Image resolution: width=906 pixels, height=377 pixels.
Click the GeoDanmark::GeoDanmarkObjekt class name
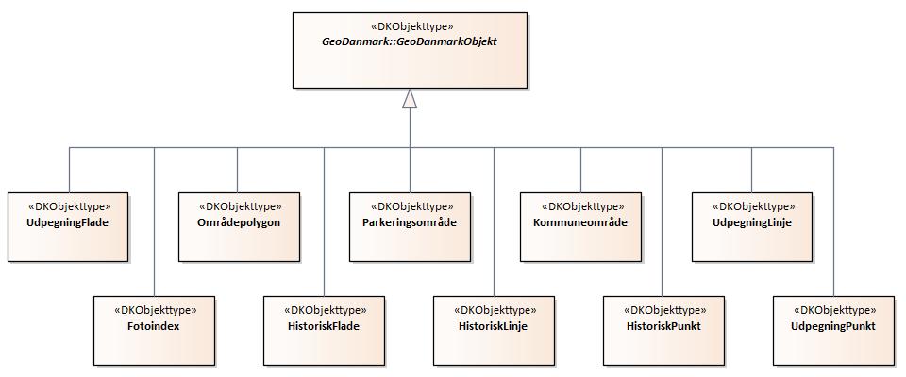[x=410, y=43]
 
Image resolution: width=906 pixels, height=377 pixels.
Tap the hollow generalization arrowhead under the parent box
[x=410, y=98]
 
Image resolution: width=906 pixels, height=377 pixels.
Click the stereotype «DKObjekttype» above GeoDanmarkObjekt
[x=410, y=26]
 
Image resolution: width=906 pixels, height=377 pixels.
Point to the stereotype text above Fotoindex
[x=154, y=309]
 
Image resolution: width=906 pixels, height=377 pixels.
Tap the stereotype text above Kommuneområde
[x=579, y=205]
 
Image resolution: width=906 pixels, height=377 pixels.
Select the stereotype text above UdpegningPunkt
[x=833, y=309]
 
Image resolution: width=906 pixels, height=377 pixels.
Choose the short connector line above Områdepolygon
[x=238, y=170]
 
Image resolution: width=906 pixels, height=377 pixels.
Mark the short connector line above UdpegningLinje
[x=751, y=170]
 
